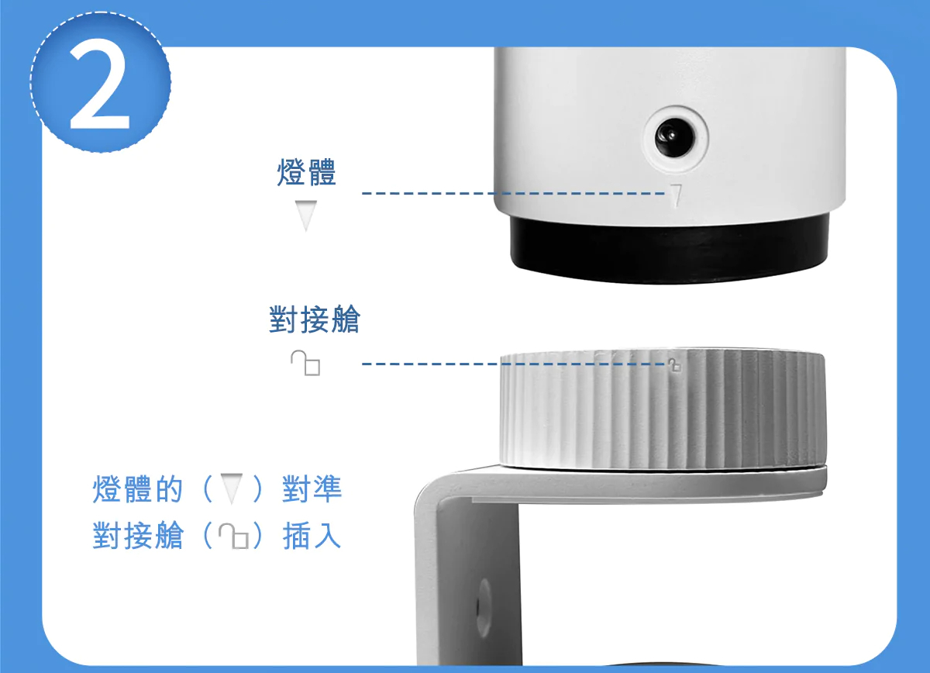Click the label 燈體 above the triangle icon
click(306, 172)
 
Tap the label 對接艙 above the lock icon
click(315, 319)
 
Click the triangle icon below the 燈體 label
click(307, 215)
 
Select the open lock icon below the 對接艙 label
click(305, 362)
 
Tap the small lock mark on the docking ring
click(673, 364)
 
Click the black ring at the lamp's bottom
click(668, 250)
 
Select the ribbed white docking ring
click(659, 411)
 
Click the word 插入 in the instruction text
click(312, 536)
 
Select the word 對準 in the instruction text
click(312, 489)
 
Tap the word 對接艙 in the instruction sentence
click(137, 536)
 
